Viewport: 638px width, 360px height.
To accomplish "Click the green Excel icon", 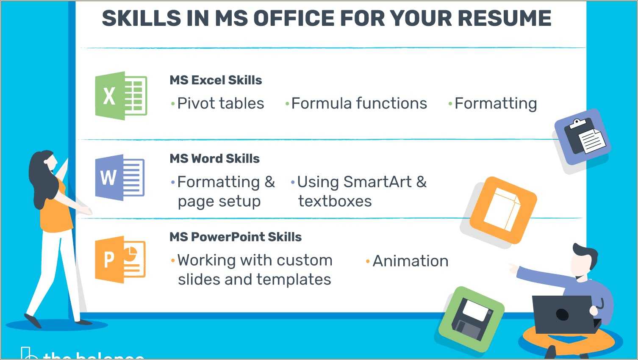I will click(x=121, y=96).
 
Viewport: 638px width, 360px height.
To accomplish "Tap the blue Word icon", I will click(x=119, y=177).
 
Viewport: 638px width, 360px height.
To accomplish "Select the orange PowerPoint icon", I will click(x=120, y=259).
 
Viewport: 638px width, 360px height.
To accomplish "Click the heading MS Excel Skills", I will click(x=216, y=80).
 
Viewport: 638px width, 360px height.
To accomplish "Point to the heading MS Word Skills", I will click(x=214, y=158).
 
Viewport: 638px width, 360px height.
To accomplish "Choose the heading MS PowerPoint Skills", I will click(x=236, y=237).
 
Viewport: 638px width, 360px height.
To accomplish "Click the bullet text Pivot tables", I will click(x=220, y=103).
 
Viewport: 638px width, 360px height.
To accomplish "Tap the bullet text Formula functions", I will click(x=359, y=103).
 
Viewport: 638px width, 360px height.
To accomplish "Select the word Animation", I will click(x=410, y=261).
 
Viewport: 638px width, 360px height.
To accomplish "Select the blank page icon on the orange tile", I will click(x=503, y=210).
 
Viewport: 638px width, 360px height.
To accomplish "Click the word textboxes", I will click(x=335, y=201).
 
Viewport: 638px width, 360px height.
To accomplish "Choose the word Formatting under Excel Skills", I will click(x=495, y=103).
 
